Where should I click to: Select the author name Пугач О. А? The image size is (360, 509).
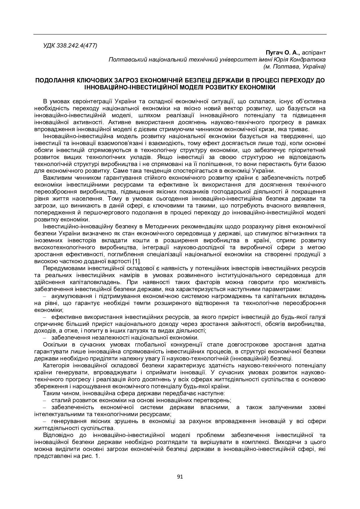[x=283, y=53]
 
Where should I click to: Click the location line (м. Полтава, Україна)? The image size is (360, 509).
[x=294, y=66]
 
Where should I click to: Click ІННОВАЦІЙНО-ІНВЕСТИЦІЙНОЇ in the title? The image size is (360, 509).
[x=128, y=87]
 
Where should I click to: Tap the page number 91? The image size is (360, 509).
[x=180, y=476]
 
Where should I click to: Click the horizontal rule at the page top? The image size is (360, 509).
[x=180, y=34]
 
